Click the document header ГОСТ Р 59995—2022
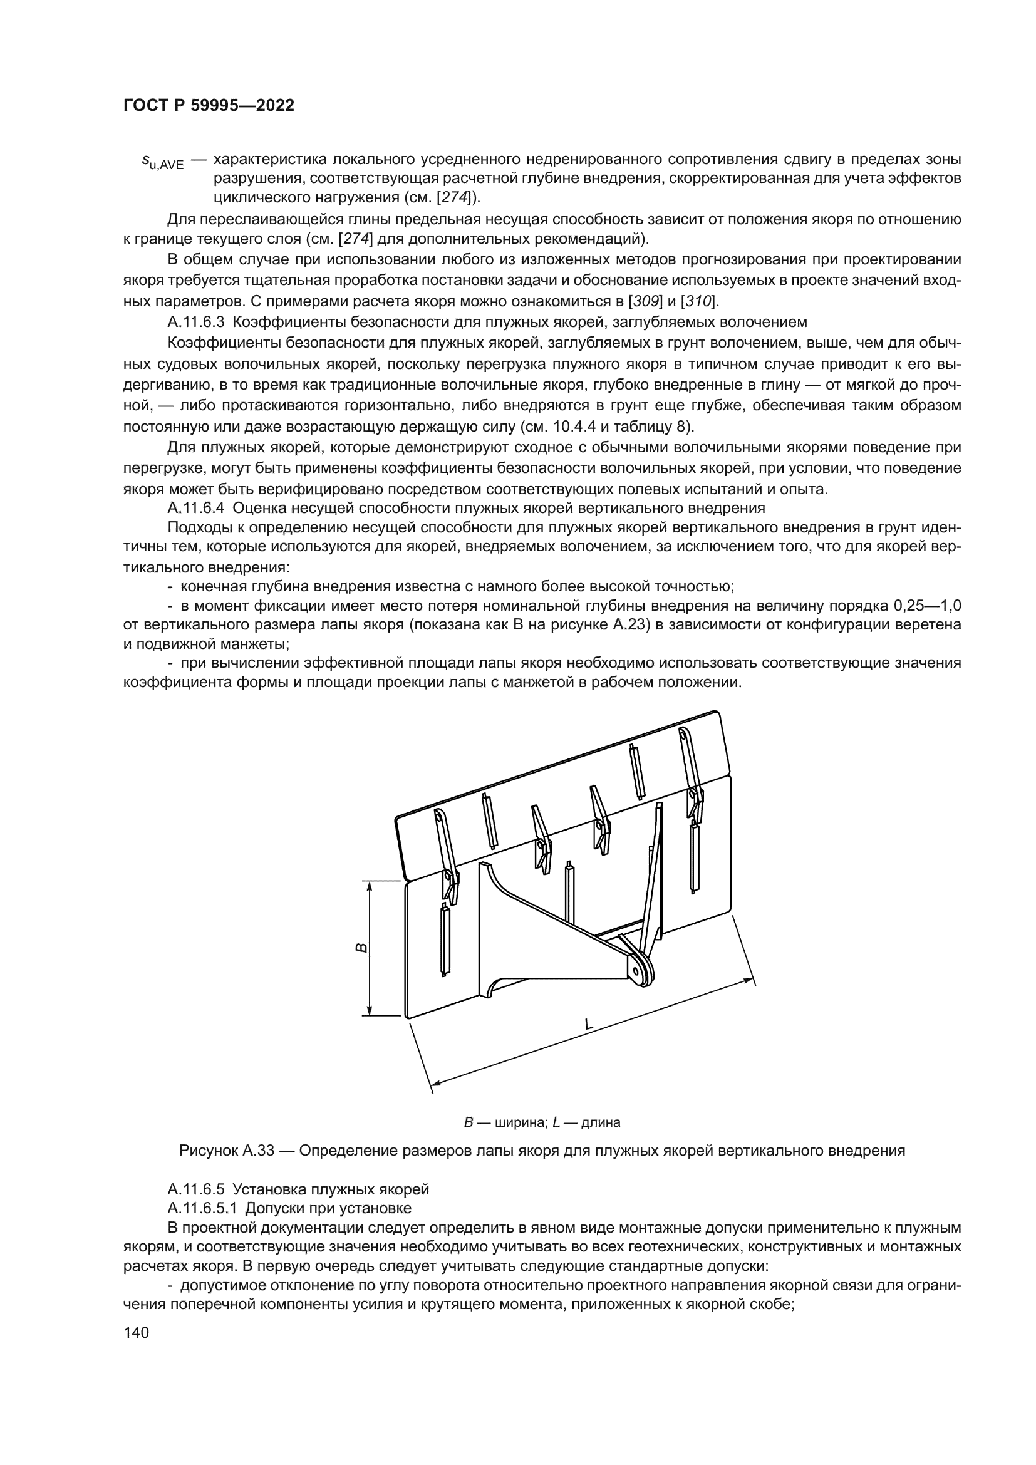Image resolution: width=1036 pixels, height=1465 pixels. pos(209,106)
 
